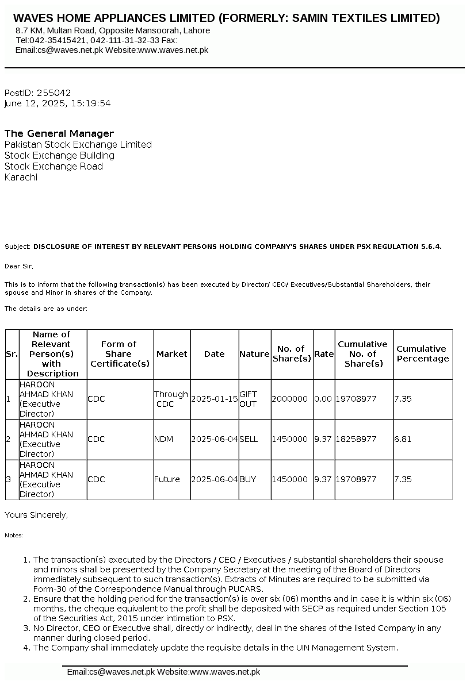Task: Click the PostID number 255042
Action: tap(54, 93)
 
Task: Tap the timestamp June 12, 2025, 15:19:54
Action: tap(58, 103)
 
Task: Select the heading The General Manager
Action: tap(59, 133)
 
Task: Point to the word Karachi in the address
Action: tap(21, 177)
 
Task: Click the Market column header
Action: tap(171, 354)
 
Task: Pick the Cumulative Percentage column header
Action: tap(422, 353)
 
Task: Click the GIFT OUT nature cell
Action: tap(248, 399)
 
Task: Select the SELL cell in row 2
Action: tap(249, 439)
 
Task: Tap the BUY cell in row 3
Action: tap(247, 479)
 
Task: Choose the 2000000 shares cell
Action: tap(289, 399)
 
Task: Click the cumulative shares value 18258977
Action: tap(356, 439)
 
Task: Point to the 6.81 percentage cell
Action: tap(403, 439)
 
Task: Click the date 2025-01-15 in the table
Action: tap(214, 399)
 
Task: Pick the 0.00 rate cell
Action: tap(323, 399)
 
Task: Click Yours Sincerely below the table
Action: tap(36, 515)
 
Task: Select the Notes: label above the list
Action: tap(14, 536)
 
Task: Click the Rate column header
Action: tap(324, 354)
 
